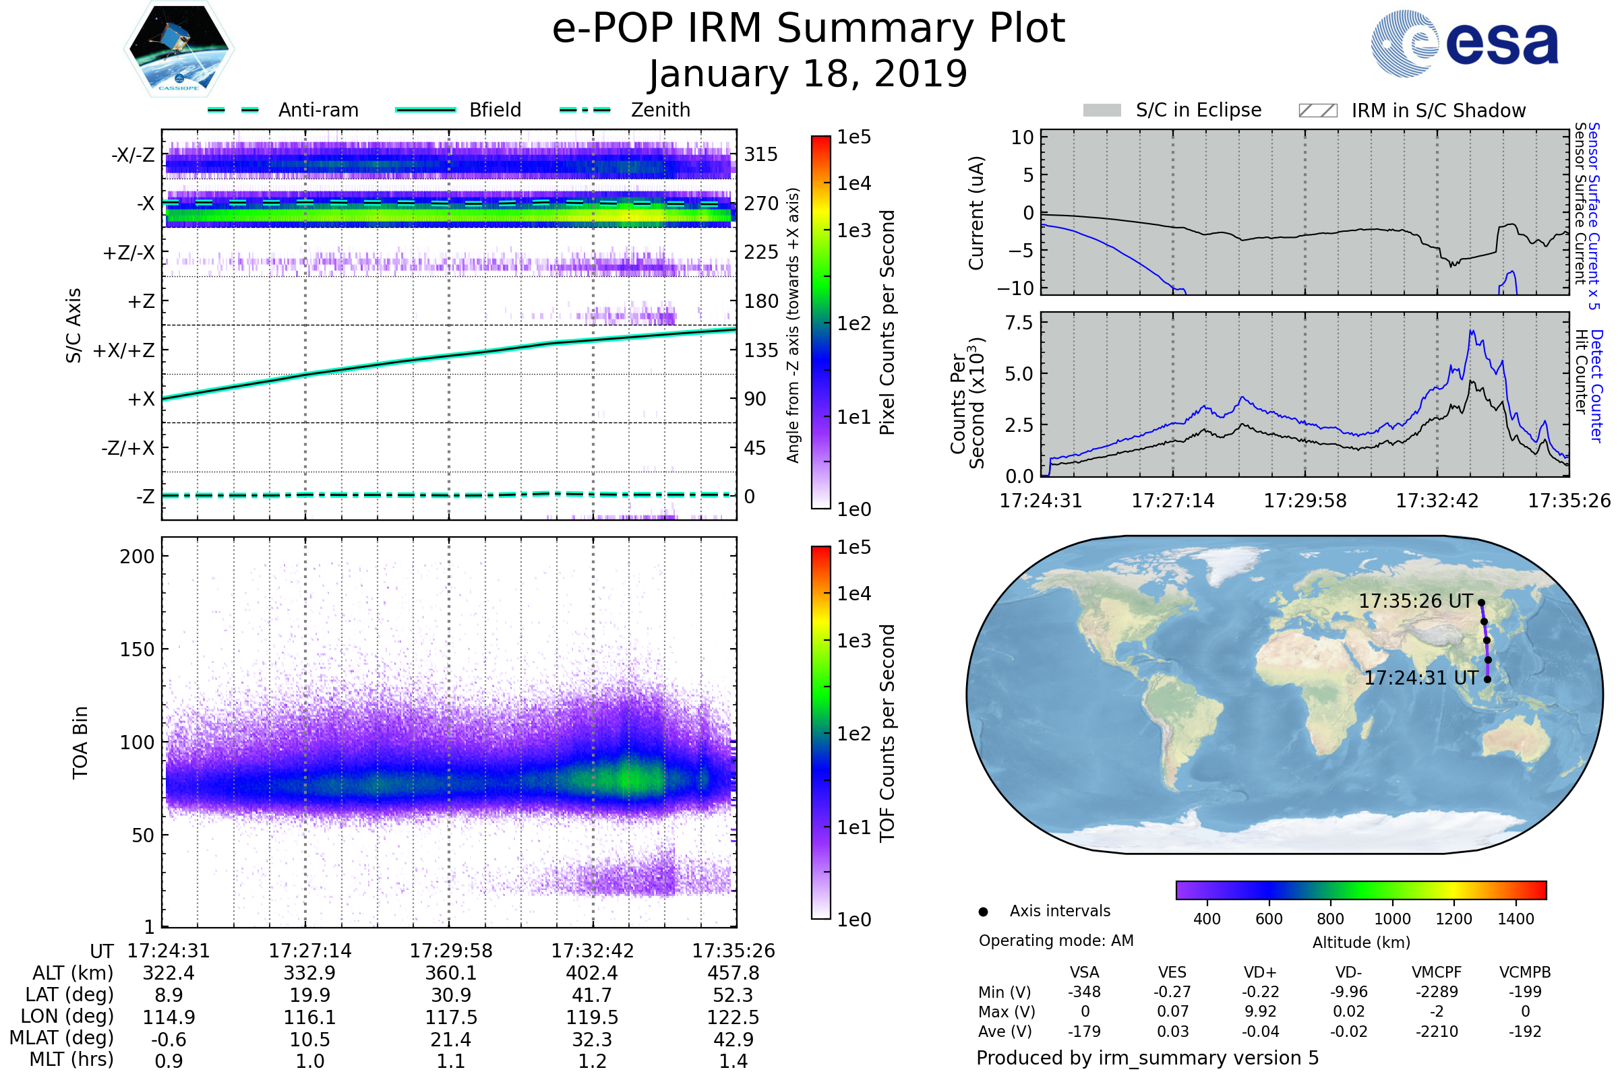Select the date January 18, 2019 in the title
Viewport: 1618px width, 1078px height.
[x=808, y=74]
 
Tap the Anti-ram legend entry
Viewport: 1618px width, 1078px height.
[x=318, y=110]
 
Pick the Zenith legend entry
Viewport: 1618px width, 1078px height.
[x=661, y=110]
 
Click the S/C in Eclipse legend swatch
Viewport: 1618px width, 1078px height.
[x=1102, y=110]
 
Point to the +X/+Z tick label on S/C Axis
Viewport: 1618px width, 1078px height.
[x=124, y=350]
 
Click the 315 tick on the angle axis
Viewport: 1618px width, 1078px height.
[x=761, y=155]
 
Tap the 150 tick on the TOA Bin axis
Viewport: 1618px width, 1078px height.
[x=137, y=649]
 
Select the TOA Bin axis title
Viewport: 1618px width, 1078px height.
[x=80, y=742]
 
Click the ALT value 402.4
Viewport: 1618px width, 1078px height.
[x=593, y=974]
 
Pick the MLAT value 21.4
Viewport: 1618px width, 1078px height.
[x=450, y=1040]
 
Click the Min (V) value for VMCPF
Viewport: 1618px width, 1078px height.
[x=1437, y=992]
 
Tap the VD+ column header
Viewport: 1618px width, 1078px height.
[x=1259, y=972]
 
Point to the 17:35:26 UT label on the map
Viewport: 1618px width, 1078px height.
[x=1416, y=602]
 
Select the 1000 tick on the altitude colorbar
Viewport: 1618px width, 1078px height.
[x=1391, y=919]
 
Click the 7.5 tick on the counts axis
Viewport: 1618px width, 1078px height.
[x=1019, y=323]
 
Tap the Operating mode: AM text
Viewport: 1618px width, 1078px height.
[x=1056, y=941]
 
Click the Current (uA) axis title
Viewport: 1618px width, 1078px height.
[x=976, y=213]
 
